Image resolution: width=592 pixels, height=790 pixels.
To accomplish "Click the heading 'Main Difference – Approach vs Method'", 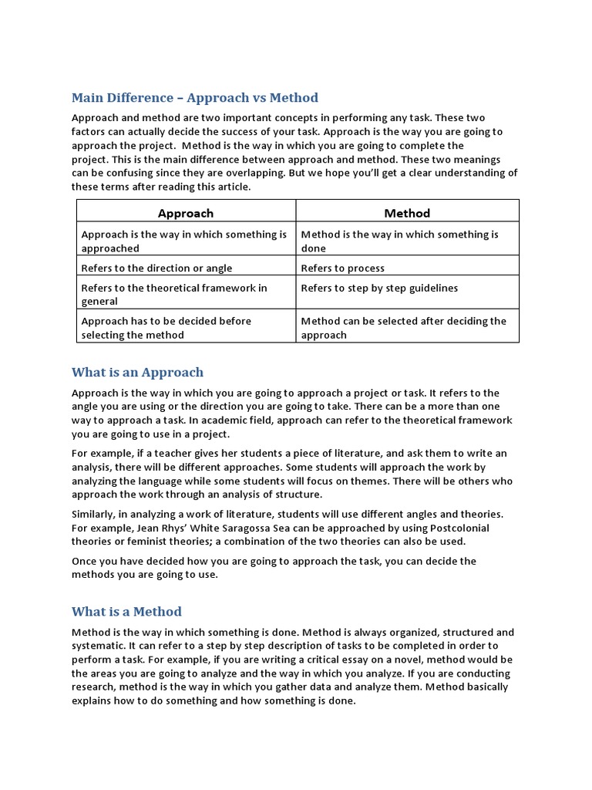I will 194,98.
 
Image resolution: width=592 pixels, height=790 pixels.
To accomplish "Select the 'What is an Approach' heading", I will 137,373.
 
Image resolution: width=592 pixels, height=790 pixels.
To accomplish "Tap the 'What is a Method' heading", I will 126,612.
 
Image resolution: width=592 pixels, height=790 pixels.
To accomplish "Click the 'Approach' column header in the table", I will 186,213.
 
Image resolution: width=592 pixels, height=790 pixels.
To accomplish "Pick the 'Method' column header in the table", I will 407,213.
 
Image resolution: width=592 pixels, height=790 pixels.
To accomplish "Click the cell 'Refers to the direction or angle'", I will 156,268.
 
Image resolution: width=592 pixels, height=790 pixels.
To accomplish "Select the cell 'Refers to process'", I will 342,268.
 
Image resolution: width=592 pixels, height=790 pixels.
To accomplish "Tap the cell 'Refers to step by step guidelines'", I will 379,288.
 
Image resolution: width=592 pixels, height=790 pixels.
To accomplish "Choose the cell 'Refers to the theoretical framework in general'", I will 174,294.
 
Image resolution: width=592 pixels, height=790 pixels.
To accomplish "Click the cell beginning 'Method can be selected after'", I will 403,327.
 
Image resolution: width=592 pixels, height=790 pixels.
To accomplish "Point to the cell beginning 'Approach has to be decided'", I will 166,327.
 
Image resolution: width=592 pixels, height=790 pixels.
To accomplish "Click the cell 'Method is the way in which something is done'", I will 399,241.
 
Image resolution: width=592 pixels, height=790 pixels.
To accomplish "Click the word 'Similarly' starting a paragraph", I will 95,514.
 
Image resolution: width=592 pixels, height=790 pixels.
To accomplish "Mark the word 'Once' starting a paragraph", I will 85,562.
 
